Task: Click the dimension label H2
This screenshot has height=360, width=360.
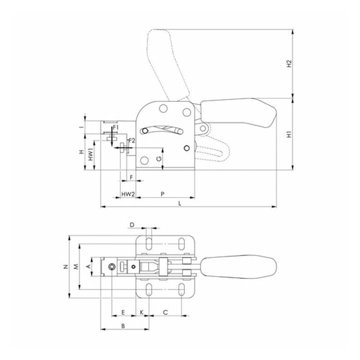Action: click(x=289, y=63)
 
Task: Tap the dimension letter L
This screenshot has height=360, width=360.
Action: click(x=180, y=203)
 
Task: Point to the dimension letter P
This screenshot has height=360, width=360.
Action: click(x=162, y=193)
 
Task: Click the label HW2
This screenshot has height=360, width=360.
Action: click(x=128, y=193)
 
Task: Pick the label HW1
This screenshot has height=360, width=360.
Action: click(x=91, y=155)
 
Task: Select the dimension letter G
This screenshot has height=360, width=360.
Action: click(x=159, y=159)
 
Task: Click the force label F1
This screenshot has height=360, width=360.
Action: click(x=116, y=127)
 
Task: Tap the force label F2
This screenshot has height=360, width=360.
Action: click(x=132, y=140)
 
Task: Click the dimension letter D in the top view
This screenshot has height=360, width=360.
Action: click(x=132, y=225)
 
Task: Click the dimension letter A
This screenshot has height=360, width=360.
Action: click(x=88, y=267)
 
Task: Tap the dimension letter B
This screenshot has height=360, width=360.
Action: click(x=123, y=325)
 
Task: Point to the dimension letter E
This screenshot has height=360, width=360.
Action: click(x=123, y=312)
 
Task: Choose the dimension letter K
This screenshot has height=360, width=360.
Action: click(x=141, y=312)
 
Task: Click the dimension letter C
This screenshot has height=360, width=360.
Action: click(x=166, y=312)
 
